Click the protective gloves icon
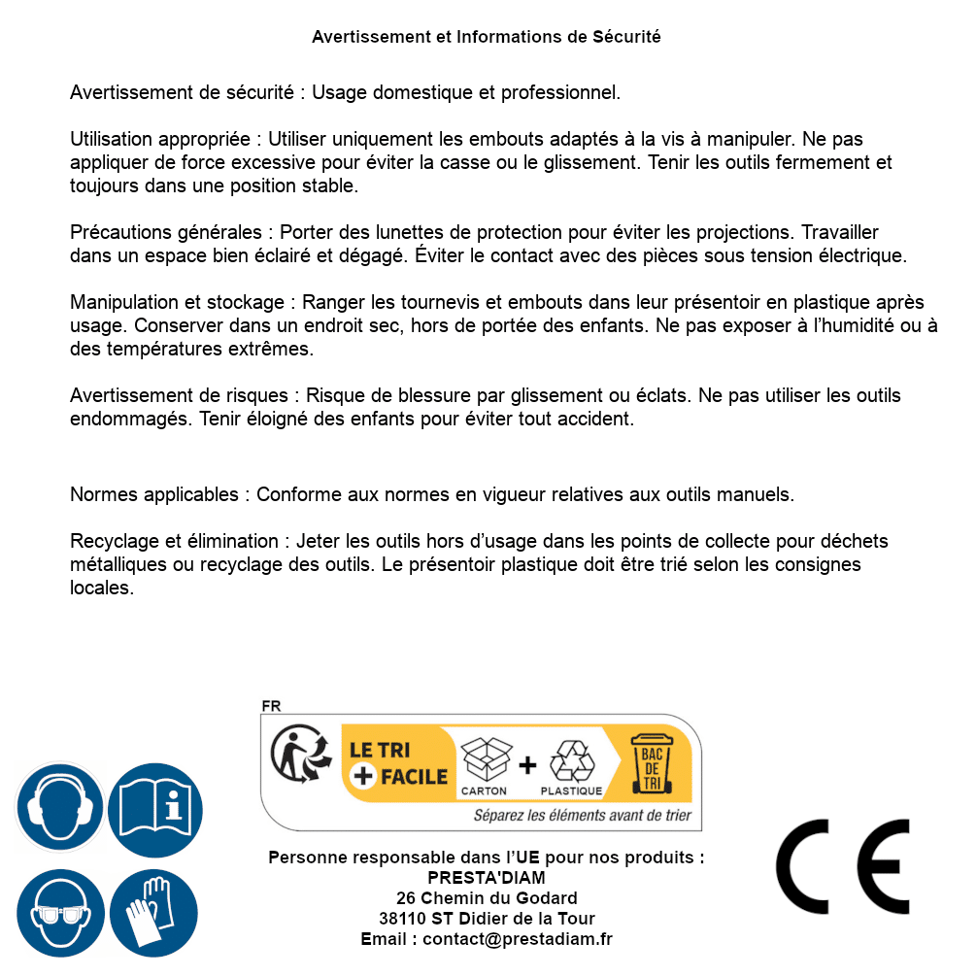154,913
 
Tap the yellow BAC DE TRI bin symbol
656,763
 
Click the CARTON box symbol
484,766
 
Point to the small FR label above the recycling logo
271,706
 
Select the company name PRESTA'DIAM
486,878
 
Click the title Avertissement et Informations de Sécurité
486,37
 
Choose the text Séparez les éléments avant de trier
582,815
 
